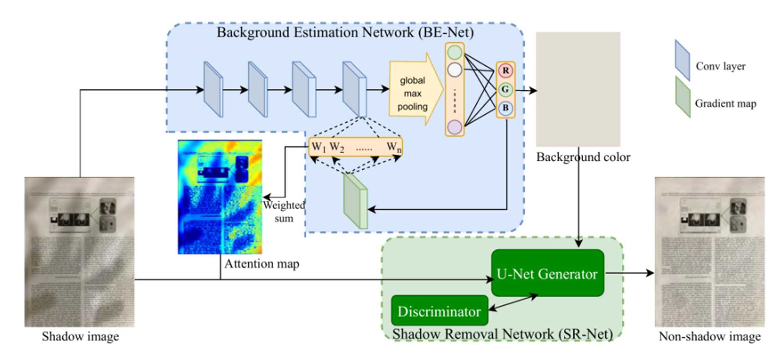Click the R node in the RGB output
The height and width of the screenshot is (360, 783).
[505, 71]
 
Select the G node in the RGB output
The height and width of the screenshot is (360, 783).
[505, 90]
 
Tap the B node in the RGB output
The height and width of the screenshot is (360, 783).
[505, 108]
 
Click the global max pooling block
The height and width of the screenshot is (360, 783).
[413, 93]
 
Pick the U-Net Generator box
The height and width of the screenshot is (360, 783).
[547, 273]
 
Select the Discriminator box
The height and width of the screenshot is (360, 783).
[439, 311]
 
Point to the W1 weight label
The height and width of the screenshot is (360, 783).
[318, 147]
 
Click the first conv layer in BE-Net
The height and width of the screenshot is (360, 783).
[213, 90]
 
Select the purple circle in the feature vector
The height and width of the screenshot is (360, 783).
[455, 127]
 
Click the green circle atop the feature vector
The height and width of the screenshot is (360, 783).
[455, 52]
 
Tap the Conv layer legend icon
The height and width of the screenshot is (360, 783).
[682, 60]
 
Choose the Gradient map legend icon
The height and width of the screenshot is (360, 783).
[683, 97]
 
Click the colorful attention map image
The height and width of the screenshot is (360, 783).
[220, 197]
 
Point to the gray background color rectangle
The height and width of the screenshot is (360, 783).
[578, 89]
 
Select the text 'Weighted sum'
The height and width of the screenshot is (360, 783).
[284, 212]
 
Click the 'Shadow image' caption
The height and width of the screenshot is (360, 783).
[80, 336]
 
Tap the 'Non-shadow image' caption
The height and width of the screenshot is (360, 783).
[709, 336]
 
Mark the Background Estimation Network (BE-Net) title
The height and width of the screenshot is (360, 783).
[345, 32]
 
